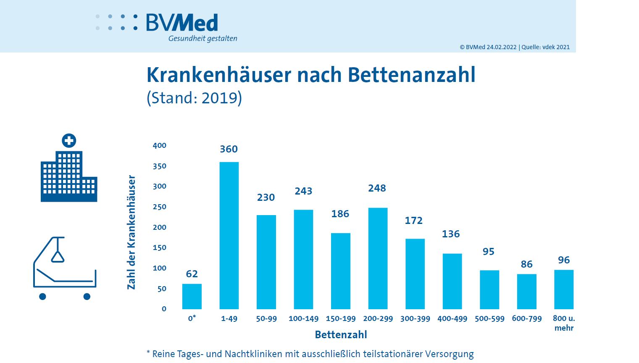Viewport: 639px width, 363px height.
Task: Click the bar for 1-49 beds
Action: pos(229,235)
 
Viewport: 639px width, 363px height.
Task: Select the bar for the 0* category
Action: pos(192,297)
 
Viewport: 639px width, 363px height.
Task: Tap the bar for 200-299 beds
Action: pos(378,258)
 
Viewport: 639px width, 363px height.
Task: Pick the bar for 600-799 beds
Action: pos(526,292)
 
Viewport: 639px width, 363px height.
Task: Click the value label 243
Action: pos(303,191)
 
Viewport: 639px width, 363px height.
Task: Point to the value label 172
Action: pos(413,221)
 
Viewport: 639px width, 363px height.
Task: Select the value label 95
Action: pos(488,252)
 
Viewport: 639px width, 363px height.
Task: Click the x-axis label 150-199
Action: pos(341,318)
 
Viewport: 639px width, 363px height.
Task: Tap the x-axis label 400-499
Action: pos(452,318)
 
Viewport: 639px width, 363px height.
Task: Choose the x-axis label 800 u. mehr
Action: pos(564,323)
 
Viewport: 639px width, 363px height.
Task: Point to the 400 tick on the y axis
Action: pos(160,145)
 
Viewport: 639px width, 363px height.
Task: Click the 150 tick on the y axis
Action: pos(160,247)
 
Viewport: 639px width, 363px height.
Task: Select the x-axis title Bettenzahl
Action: pos(341,335)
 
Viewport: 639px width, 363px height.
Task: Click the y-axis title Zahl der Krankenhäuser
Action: pos(131,232)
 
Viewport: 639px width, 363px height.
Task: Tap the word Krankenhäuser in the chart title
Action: pos(218,75)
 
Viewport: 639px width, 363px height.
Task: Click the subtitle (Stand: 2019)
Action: pos(194,98)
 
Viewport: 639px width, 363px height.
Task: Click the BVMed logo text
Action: pos(182,23)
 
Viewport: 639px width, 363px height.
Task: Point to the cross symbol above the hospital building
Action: pos(69,141)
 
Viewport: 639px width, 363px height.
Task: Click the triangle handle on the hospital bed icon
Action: pos(58,256)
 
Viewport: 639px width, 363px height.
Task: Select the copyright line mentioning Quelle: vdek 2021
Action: pos(515,47)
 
